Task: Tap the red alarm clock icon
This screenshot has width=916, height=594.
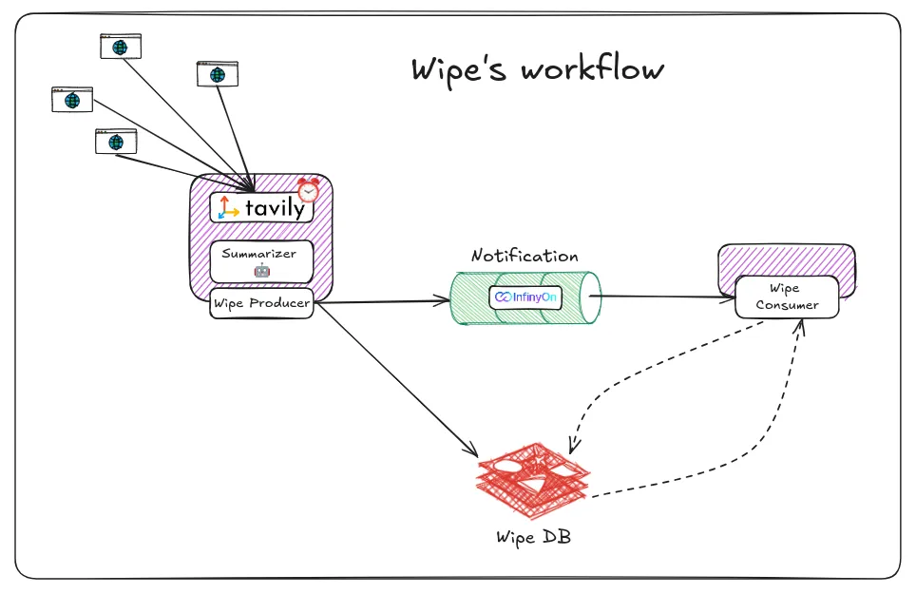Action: pyautogui.click(x=308, y=189)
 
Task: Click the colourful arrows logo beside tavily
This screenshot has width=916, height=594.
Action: pyautogui.click(x=228, y=208)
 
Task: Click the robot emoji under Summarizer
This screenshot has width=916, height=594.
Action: pyautogui.click(x=261, y=270)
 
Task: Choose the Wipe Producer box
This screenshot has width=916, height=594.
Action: pyautogui.click(x=261, y=303)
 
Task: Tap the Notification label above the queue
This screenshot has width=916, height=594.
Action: pyautogui.click(x=525, y=257)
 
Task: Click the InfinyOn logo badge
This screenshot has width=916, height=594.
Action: pyautogui.click(x=525, y=297)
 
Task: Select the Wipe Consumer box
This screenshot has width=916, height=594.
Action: pyautogui.click(x=785, y=297)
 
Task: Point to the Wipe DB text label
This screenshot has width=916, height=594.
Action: pyautogui.click(x=533, y=536)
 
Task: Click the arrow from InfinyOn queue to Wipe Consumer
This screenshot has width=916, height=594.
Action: pyautogui.click(x=665, y=297)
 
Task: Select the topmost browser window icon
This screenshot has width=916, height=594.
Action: pyautogui.click(x=121, y=46)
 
